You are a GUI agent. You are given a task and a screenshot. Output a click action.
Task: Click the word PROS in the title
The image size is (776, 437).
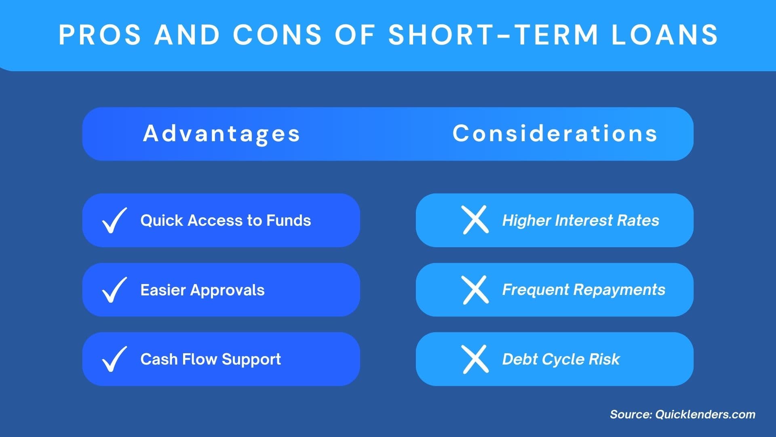[x=100, y=35]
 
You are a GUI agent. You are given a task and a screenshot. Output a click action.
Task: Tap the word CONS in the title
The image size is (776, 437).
[x=277, y=35]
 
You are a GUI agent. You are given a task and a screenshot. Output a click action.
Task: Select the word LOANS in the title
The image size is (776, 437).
[x=664, y=35]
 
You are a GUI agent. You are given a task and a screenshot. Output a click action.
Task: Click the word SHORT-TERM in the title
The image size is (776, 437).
[x=493, y=35]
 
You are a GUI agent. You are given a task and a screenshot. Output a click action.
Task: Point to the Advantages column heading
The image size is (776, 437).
[x=221, y=134]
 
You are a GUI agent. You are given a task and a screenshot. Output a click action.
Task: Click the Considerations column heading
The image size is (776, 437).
[x=555, y=134]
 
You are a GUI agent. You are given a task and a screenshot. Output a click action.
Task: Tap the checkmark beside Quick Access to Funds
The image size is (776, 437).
[x=114, y=221]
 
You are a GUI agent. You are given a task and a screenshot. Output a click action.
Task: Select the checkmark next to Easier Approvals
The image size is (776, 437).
[x=114, y=290]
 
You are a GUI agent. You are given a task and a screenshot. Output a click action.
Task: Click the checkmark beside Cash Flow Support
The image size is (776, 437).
[x=114, y=359]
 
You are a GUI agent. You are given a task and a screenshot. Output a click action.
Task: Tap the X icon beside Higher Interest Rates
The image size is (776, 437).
[x=475, y=220]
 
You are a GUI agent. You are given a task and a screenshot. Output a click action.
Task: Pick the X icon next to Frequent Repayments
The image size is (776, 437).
[x=475, y=290]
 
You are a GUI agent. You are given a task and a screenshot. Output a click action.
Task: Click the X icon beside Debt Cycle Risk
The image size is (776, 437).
[x=475, y=359]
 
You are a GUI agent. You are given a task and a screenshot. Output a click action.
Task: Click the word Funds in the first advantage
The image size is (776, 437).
[x=289, y=221]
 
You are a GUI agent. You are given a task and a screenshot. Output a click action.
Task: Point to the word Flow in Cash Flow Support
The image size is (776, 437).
[x=200, y=359]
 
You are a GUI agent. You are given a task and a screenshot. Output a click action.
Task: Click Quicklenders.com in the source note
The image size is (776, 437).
[x=705, y=414]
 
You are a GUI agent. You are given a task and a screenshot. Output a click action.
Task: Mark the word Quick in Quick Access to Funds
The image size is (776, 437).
[x=162, y=221]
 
